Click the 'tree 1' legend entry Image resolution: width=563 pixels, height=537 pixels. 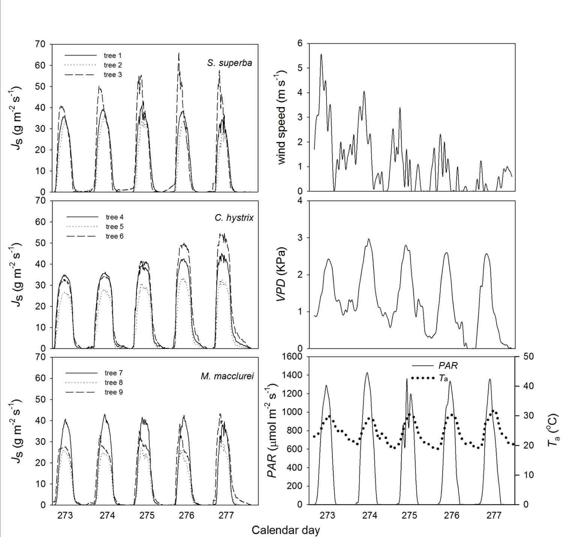click(x=110, y=55)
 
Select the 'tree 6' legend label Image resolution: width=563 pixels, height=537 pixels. click(x=114, y=236)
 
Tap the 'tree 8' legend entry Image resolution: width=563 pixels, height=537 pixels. click(x=114, y=382)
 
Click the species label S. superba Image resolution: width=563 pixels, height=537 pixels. click(x=229, y=63)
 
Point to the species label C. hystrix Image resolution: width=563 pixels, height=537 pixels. click(x=234, y=218)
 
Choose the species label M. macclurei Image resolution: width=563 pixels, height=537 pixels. click(x=227, y=376)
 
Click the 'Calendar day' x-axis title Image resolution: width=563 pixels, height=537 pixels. click(x=286, y=530)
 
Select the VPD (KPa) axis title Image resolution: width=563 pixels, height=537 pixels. click(x=281, y=274)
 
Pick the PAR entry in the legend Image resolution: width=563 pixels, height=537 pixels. click(x=448, y=365)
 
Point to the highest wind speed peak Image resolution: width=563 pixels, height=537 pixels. click(x=321, y=54)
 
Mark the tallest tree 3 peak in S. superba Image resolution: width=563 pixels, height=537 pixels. click(x=179, y=53)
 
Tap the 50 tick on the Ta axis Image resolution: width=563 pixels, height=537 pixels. click(x=528, y=356)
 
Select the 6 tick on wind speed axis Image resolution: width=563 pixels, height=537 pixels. click(x=300, y=43)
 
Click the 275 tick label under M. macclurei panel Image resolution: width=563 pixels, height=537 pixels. click(x=147, y=515)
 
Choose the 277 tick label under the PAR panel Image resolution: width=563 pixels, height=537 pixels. click(x=494, y=515)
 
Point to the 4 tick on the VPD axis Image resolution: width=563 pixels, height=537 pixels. click(x=300, y=201)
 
